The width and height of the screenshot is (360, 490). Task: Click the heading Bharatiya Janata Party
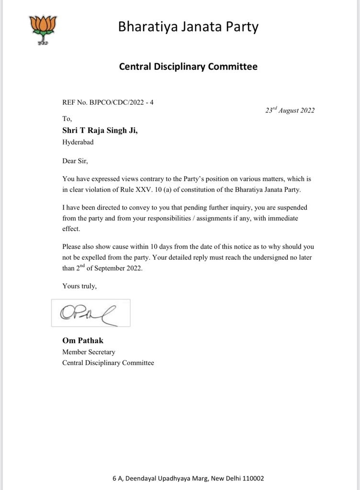[188, 27]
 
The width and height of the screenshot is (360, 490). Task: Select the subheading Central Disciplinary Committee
[188, 67]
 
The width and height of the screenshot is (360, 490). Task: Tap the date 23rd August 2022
[290, 110]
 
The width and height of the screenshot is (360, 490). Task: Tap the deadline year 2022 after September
[132, 268]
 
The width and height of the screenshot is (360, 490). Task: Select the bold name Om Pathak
[82, 341]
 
